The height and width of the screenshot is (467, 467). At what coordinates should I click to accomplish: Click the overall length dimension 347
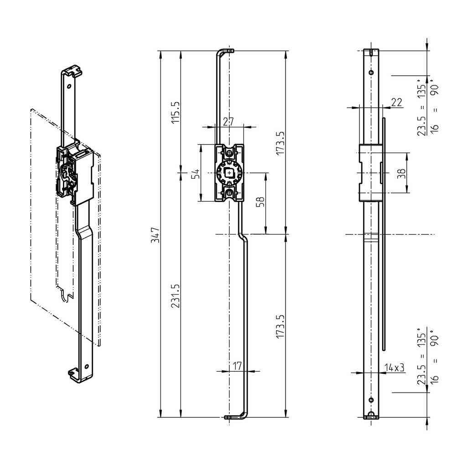155,234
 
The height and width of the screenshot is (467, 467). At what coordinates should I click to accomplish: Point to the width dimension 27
228,122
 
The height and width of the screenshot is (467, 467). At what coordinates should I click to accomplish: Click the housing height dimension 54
195,173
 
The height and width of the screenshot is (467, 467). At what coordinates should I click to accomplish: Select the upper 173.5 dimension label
280,143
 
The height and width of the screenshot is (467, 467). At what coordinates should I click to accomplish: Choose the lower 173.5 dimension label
280,326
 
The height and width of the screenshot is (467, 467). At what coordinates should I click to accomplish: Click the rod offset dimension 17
237,365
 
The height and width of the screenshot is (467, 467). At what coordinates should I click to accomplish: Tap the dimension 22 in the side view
396,102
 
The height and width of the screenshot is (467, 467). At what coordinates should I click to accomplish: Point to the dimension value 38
401,173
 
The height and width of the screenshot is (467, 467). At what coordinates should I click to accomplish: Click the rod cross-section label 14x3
394,368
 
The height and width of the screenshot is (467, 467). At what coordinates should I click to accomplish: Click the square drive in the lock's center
229,173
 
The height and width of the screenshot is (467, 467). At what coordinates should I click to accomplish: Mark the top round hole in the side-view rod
371,73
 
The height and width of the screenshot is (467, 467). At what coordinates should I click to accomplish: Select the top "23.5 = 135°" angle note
422,110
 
